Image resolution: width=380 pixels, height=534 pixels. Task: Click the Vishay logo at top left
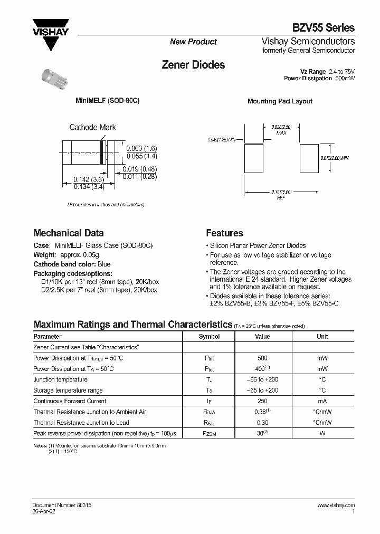click(51, 33)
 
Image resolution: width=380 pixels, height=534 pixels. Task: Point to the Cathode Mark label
click(92, 127)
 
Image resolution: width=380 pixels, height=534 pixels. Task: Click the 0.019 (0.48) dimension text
click(139, 169)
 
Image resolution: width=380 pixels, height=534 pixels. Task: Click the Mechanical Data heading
click(69, 233)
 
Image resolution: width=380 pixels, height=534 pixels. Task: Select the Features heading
click(224, 233)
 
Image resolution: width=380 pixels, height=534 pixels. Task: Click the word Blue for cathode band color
click(104, 264)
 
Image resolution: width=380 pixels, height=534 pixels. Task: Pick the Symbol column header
click(209, 336)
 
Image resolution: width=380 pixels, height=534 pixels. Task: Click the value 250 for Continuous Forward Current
click(262, 401)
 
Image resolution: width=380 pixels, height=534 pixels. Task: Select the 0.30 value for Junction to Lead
click(262, 422)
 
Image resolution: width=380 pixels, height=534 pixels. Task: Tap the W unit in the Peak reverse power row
click(322, 433)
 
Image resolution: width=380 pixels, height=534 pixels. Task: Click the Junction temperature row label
click(60, 379)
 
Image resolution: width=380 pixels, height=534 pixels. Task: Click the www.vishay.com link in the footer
click(336, 505)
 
